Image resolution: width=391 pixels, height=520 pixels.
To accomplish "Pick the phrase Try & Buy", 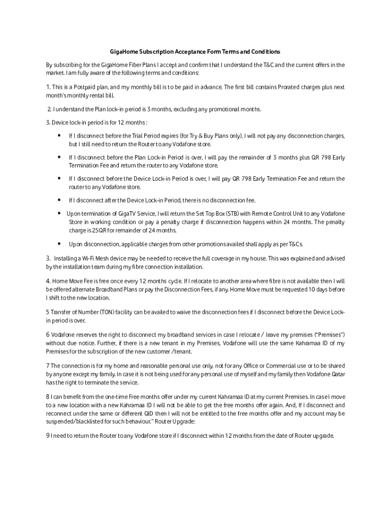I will coord(199,136).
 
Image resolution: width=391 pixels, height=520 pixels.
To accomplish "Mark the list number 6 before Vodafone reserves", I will coord(48,335).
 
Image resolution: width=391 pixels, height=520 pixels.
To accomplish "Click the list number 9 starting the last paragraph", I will coord(48,436).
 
